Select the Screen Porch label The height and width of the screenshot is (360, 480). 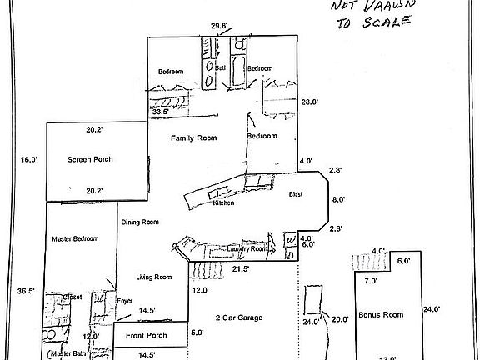(x=90, y=159)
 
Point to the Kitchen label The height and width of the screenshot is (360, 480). (x=223, y=203)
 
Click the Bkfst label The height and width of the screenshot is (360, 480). (x=295, y=194)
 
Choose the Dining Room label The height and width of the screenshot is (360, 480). (x=140, y=222)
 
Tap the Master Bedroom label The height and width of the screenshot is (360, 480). (x=75, y=239)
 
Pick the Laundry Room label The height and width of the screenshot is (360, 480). (x=248, y=249)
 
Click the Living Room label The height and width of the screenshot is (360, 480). (x=154, y=277)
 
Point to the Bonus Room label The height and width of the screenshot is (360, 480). (x=381, y=315)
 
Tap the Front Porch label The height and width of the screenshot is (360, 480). (x=147, y=336)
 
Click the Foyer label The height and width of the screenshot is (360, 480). (x=125, y=300)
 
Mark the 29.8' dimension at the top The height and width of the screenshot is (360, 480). (x=220, y=27)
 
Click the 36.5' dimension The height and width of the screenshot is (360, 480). (x=26, y=291)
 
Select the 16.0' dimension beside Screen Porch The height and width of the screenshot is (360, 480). (x=29, y=159)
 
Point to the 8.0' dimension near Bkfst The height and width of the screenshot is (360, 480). (x=337, y=199)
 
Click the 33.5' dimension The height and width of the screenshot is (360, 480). (x=161, y=111)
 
